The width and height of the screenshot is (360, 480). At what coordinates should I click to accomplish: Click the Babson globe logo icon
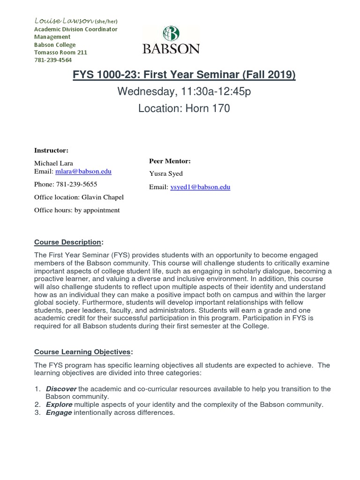[171, 34]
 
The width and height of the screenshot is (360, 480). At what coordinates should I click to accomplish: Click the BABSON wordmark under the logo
[171, 49]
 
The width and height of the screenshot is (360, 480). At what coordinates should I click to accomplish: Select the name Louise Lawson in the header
[64, 21]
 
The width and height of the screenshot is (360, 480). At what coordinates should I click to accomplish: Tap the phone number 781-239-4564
[53, 60]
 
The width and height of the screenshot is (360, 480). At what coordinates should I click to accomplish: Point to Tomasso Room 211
[60, 52]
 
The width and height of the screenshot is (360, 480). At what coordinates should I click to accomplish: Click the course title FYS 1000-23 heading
[184, 75]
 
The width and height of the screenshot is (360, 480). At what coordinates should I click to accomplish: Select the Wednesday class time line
[184, 91]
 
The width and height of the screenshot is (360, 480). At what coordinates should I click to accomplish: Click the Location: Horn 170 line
[184, 109]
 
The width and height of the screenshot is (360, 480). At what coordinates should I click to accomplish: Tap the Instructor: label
[51, 150]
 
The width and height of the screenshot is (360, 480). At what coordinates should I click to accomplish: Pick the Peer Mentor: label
[169, 161]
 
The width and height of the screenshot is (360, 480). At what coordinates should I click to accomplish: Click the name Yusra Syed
[166, 174]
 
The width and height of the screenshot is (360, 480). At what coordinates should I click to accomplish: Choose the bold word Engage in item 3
[59, 412]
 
